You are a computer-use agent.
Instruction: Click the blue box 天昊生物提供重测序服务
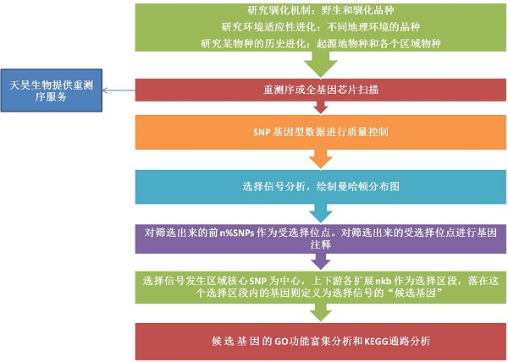click(x=52, y=90)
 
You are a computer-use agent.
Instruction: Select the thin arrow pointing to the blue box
click(x=119, y=90)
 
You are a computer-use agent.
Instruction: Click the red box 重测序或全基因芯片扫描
click(x=320, y=90)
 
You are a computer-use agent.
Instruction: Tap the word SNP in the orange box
click(x=261, y=132)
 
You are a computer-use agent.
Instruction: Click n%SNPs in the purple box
click(x=237, y=233)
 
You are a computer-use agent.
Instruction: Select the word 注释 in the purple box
click(x=321, y=244)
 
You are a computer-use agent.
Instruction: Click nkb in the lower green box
click(x=383, y=281)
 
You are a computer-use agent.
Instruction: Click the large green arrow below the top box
click(x=320, y=64)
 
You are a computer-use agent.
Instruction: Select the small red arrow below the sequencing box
click(x=321, y=107)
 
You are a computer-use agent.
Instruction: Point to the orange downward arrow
click(x=321, y=159)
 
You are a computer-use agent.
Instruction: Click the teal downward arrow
click(x=321, y=213)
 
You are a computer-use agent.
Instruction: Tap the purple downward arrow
click(x=321, y=261)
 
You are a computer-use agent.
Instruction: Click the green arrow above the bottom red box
click(x=321, y=312)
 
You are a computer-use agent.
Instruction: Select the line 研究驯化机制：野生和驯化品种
click(x=321, y=10)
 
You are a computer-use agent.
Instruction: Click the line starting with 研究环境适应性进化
click(x=321, y=27)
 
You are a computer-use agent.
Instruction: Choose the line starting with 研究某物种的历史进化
click(x=321, y=43)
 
